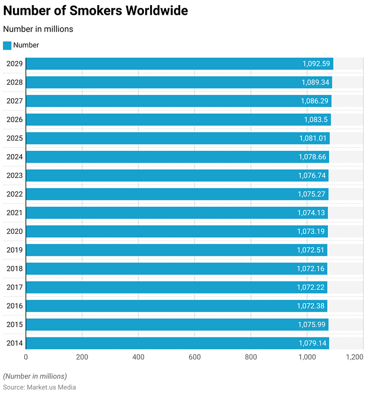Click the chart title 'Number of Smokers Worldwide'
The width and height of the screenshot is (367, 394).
96,11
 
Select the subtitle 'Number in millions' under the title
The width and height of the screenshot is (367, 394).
38,29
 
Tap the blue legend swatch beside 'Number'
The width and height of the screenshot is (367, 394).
7,45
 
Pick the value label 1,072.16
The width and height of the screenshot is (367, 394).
312,269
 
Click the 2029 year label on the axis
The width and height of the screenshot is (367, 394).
14,64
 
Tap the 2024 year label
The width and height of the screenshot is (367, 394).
14,157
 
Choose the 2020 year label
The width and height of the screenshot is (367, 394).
14,231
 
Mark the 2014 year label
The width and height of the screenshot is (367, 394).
14,343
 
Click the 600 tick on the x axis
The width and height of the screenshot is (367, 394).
195,357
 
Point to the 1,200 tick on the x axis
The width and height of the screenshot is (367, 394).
355,357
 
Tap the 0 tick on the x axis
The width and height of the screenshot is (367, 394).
26,357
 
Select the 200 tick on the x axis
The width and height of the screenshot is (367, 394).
82,357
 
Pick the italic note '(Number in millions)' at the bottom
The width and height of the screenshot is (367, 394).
35,376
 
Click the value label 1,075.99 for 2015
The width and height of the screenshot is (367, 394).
312,325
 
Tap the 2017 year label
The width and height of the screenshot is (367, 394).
14,287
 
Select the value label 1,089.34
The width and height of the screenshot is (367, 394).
316,82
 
